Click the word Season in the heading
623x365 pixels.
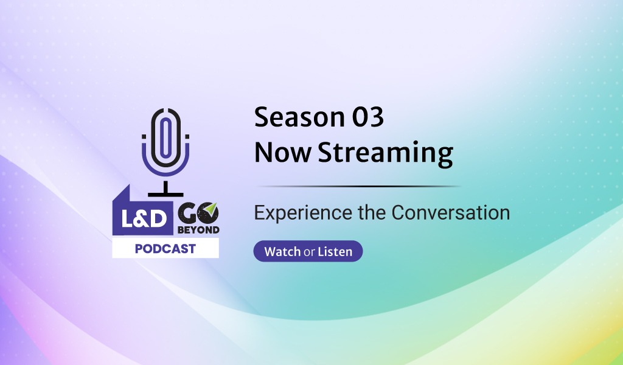point(299,117)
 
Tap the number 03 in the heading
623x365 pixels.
point(368,117)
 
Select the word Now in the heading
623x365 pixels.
point(282,152)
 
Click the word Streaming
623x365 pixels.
point(385,154)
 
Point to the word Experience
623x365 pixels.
point(303,214)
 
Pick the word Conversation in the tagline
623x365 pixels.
point(451,212)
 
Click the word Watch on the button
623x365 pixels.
point(282,251)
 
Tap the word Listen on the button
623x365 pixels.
point(335,251)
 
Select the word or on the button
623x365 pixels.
point(309,252)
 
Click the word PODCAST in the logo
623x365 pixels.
point(165,249)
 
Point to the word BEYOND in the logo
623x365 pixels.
point(198,230)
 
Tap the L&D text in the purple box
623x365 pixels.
point(144,219)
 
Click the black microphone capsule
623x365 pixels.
point(165,137)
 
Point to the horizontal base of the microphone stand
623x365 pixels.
point(165,195)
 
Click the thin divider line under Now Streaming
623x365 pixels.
point(358,186)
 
